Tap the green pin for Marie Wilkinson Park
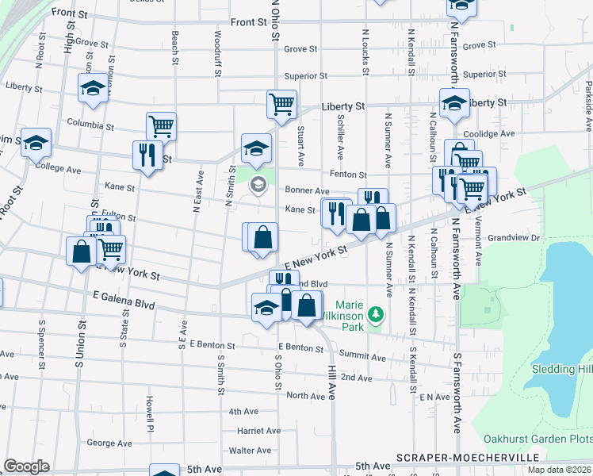[x=379, y=316]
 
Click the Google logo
[x=26, y=466]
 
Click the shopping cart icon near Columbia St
[x=161, y=125]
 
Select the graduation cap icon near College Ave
[x=36, y=143]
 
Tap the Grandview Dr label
[x=513, y=237]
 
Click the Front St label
[x=247, y=22]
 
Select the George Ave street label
[x=109, y=443]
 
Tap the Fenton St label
[x=349, y=175]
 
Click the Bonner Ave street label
[x=307, y=191]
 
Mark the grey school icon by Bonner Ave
[x=258, y=185]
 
